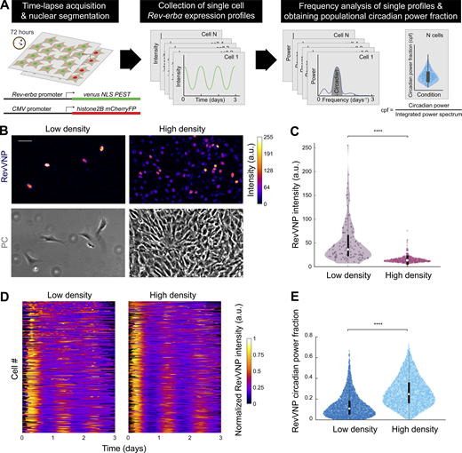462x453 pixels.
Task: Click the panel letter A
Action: click(x=6, y=6)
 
